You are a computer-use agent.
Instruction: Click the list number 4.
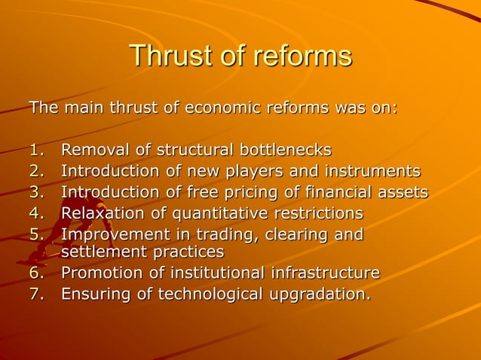35,213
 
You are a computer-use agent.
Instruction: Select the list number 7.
35,293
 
